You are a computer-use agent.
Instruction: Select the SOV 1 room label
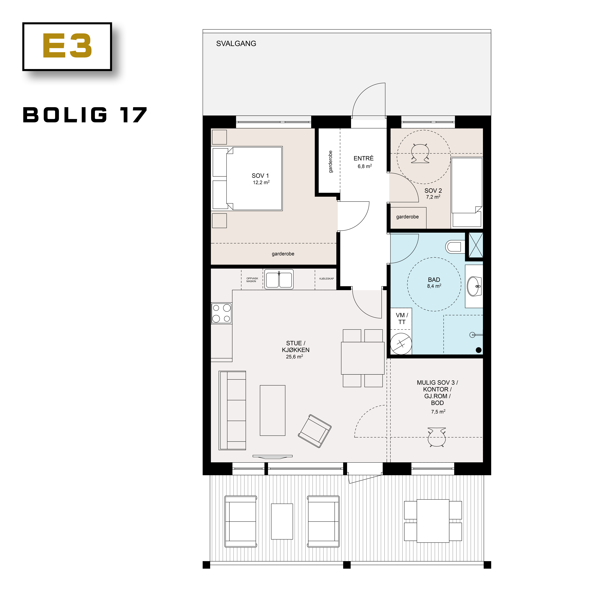tap(260, 176)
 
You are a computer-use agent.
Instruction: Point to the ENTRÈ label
tap(363, 158)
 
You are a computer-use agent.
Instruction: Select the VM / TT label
tap(402, 318)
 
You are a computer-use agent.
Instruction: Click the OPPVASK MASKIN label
tap(252, 280)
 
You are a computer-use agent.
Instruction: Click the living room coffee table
tap(273, 410)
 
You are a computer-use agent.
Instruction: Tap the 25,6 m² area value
tap(294, 357)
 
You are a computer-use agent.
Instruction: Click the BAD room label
tap(434, 280)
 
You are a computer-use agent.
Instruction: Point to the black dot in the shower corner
tap(479, 350)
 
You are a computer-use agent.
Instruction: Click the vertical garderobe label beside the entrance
tap(330, 162)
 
